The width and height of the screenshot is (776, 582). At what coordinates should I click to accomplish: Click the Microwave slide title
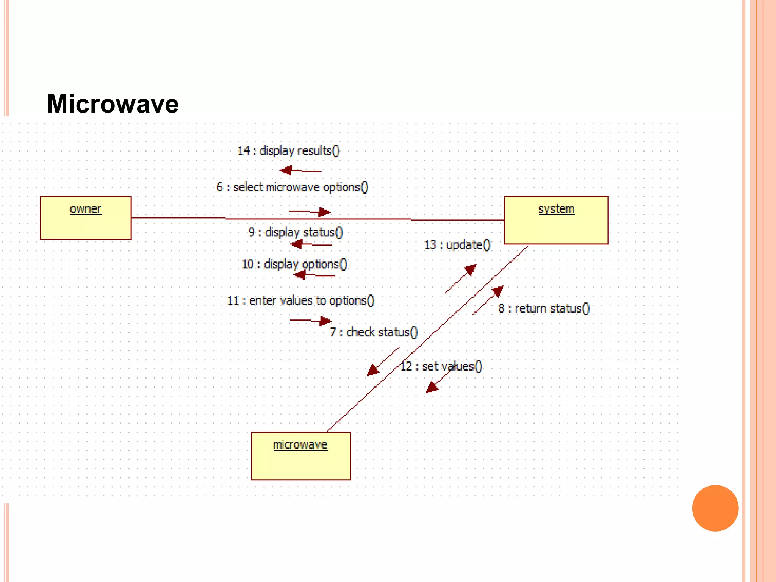point(113,104)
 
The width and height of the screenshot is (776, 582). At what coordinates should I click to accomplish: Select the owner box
point(86,218)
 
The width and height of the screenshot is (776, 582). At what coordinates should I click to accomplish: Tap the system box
point(556,220)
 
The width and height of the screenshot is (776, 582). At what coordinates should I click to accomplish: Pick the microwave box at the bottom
point(301,456)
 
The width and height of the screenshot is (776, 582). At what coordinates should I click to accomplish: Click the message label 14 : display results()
point(288,151)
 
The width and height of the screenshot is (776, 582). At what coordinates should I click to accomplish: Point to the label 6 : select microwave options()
point(292,187)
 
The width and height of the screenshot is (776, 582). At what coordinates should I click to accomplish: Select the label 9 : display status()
point(295,232)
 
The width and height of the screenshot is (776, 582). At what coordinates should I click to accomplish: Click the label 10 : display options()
point(294,264)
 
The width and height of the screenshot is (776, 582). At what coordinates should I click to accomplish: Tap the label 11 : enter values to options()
point(300,300)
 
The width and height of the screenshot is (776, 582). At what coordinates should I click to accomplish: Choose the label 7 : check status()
point(374,332)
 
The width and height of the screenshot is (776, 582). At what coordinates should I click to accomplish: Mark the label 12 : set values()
point(441,366)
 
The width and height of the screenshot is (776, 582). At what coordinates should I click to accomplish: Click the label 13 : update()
point(457,245)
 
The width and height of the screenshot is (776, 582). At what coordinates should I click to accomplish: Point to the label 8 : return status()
point(544,308)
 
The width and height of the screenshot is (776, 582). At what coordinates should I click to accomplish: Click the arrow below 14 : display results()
point(300,171)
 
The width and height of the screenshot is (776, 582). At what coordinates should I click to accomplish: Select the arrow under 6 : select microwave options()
point(310,212)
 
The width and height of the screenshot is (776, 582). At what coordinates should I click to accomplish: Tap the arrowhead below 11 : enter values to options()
point(325,321)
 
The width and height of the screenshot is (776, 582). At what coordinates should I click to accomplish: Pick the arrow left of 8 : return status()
point(488,300)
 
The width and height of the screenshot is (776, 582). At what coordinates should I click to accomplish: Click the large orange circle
point(715,508)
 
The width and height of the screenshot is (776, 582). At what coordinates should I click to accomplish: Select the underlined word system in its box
point(556,209)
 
